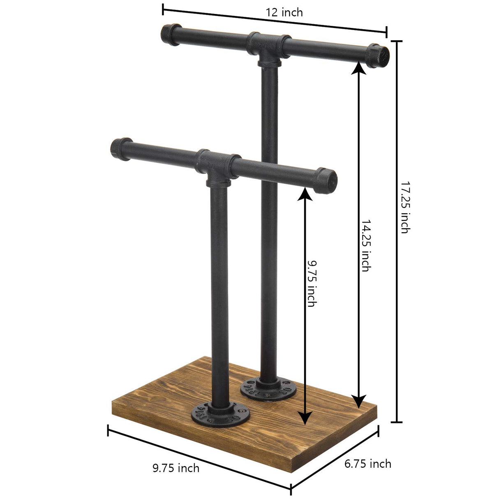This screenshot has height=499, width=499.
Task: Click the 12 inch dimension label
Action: click(x=284, y=12)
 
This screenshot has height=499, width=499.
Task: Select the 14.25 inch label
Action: click(x=365, y=245)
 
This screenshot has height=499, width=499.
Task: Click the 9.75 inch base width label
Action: click(x=176, y=468)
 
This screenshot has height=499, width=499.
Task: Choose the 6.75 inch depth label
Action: click(x=367, y=464)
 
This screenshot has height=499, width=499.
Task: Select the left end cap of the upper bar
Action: click(x=171, y=32)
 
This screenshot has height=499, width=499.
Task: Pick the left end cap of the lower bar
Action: click(x=120, y=146)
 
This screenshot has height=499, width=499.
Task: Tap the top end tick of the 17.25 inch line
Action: click(x=396, y=41)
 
